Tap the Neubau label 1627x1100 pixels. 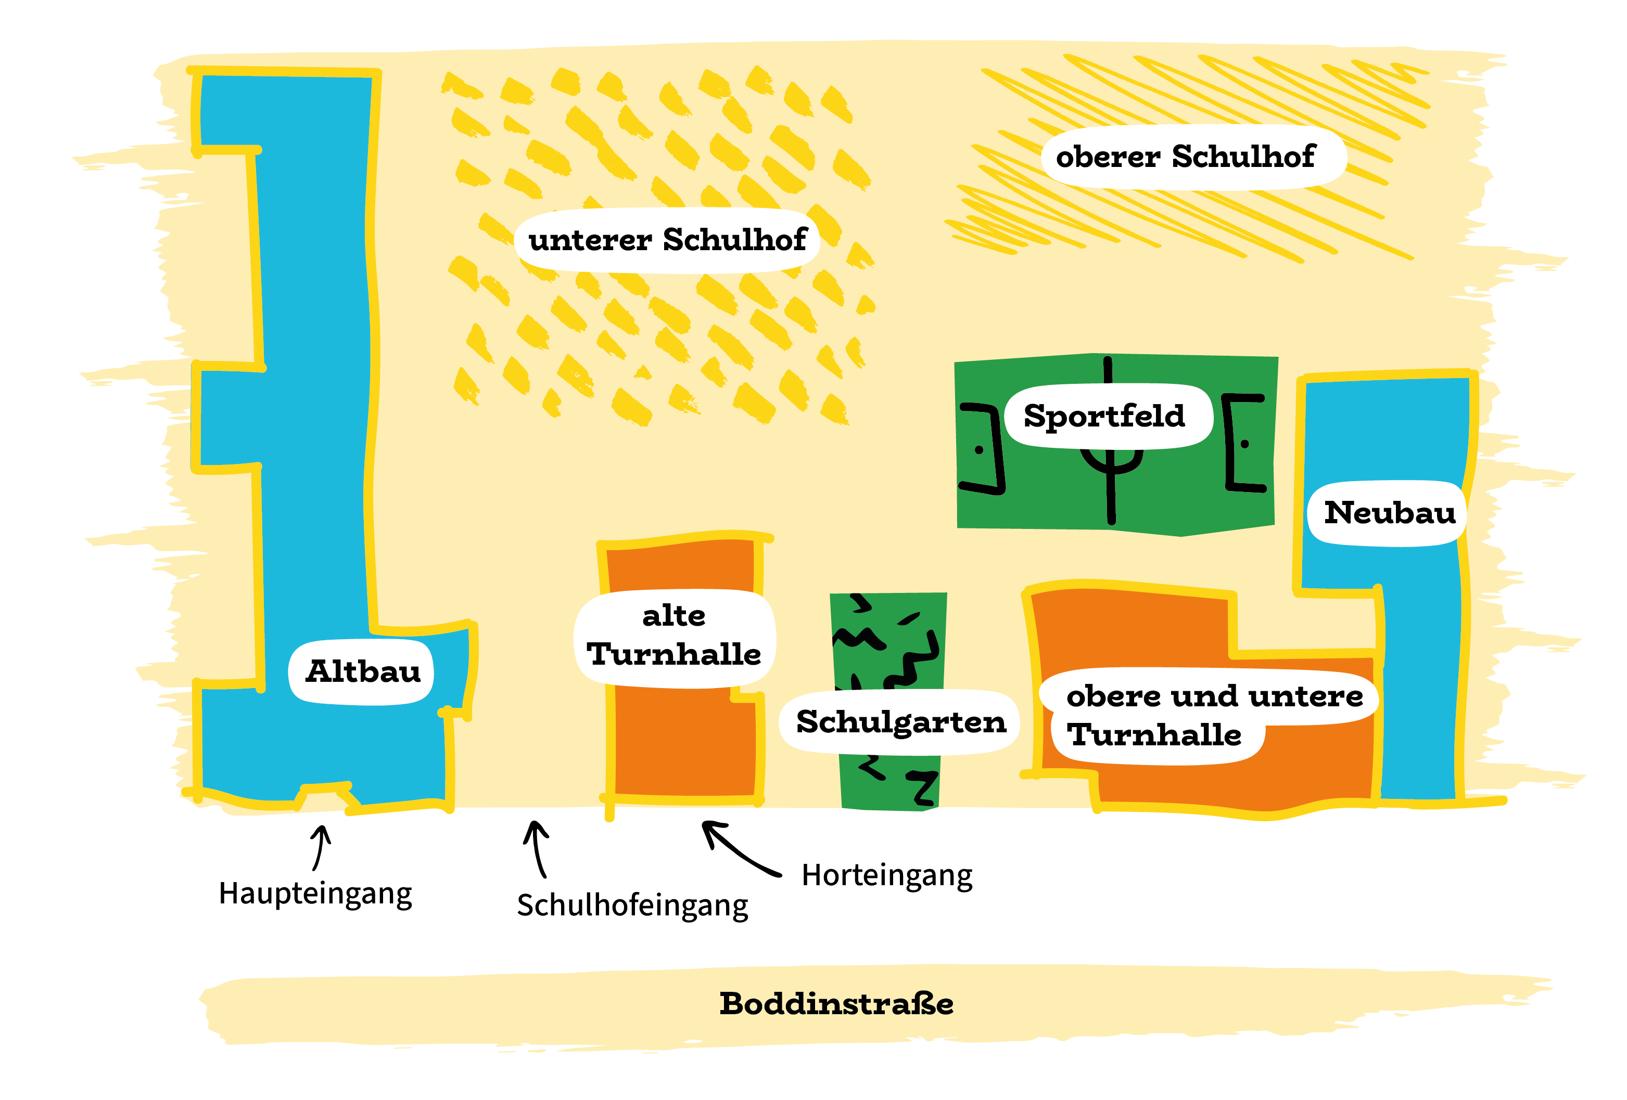coord(1390,512)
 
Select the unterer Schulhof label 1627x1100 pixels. coord(667,239)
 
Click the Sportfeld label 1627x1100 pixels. coord(1104,416)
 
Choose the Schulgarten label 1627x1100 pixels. coord(901,722)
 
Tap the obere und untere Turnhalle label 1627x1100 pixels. coord(1214,715)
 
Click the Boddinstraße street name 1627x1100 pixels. coord(836,1003)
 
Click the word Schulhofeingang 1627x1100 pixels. coord(632,905)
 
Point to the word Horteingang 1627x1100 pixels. coord(887,875)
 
